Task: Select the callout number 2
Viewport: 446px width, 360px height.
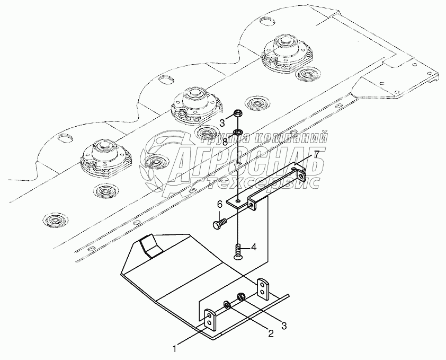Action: click(x=270, y=333)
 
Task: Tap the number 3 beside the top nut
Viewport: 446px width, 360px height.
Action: click(x=223, y=123)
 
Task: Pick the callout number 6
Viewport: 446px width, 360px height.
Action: click(x=219, y=204)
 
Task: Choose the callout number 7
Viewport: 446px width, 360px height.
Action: click(x=316, y=154)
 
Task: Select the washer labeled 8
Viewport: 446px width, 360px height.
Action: click(x=238, y=130)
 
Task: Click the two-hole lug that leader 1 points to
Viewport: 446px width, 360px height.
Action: click(x=210, y=319)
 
